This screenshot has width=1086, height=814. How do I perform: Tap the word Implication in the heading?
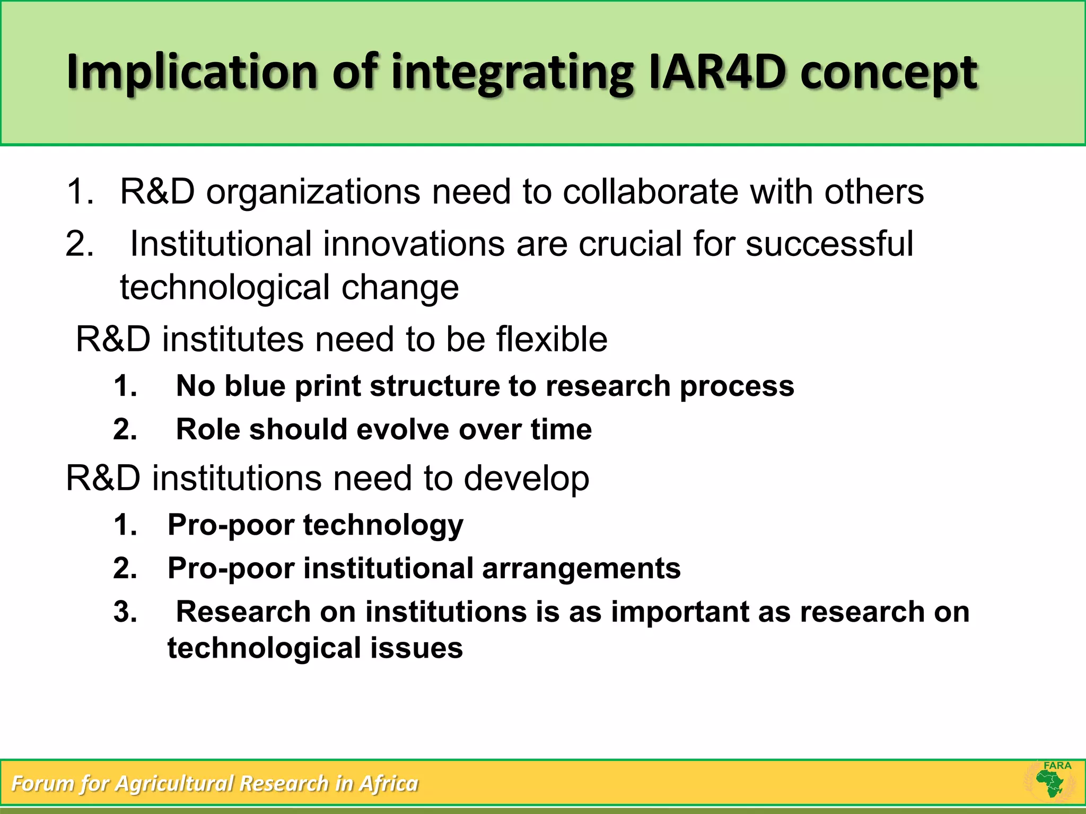point(191,73)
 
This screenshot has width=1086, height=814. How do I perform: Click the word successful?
point(829,244)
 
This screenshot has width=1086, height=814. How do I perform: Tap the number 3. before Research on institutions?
point(126,612)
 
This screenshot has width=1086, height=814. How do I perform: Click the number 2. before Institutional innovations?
point(80,244)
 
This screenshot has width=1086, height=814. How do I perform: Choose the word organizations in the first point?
point(313,192)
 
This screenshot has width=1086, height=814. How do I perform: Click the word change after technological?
point(400,288)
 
